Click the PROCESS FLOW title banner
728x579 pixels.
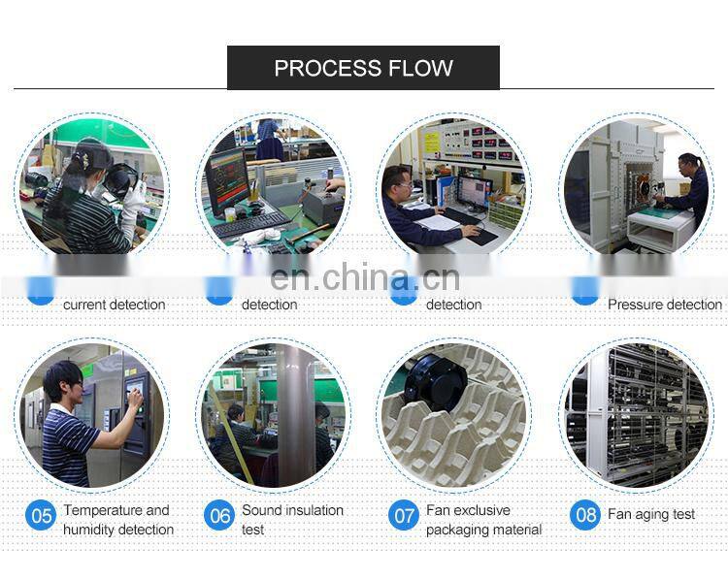point(363,68)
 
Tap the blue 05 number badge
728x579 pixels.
point(41,515)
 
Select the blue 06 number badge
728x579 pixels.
point(220,515)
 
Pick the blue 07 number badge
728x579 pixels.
point(403,515)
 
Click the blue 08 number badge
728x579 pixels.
point(585,514)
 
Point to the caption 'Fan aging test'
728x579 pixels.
point(651,514)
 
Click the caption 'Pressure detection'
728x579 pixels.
point(665,305)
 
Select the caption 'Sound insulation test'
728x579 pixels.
point(292,520)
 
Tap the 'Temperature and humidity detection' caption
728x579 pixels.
point(117,520)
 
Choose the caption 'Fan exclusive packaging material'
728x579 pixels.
point(483,520)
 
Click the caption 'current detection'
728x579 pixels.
point(114,305)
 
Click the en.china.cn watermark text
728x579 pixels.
point(364,279)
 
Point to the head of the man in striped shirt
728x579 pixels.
point(61,381)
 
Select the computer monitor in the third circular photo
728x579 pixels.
point(473,190)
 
